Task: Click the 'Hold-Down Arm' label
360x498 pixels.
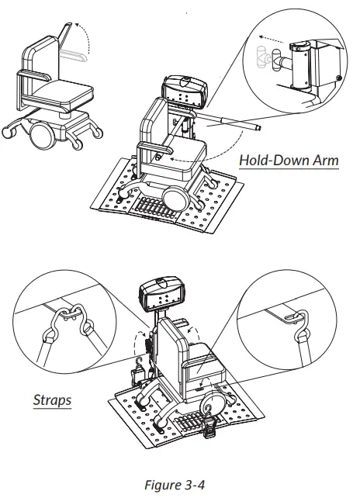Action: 289,161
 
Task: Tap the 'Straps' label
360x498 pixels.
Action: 52,402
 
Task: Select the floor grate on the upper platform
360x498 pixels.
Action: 154,208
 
